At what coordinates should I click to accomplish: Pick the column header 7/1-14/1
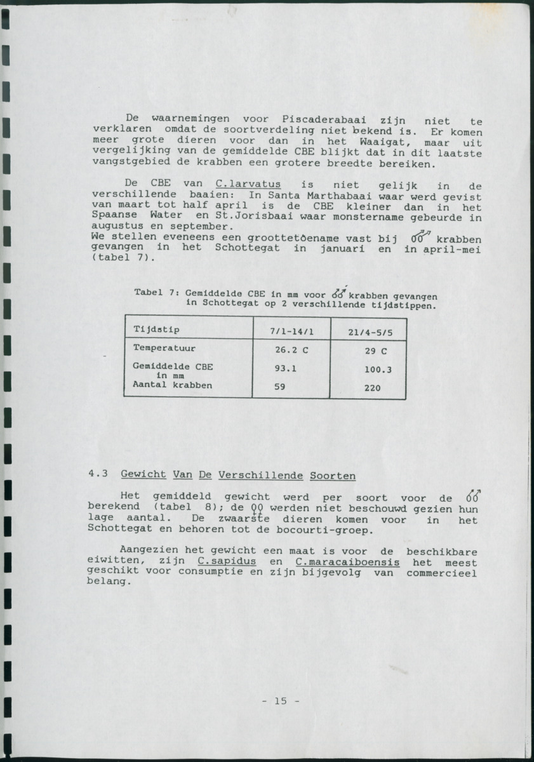pyautogui.click(x=291, y=331)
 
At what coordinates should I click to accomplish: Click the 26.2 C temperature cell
pyautogui.click(x=291, y=350)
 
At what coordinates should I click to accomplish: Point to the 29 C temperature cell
pyautogui.click(x=376, y=351)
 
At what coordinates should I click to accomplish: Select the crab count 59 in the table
pyautogui.click(x=280, y=385)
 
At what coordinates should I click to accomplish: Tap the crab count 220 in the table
pyautogui.click(x=373, y=387)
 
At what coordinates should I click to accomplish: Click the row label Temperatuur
pyautogui.click(x=164, y=348)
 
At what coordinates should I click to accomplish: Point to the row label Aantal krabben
pyautogui.click(x=172, y=385)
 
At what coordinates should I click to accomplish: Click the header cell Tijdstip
pyautogui.click(x=157, y=329)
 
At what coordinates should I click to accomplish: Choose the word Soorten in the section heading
pyautogui.click(x=333, y=476)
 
